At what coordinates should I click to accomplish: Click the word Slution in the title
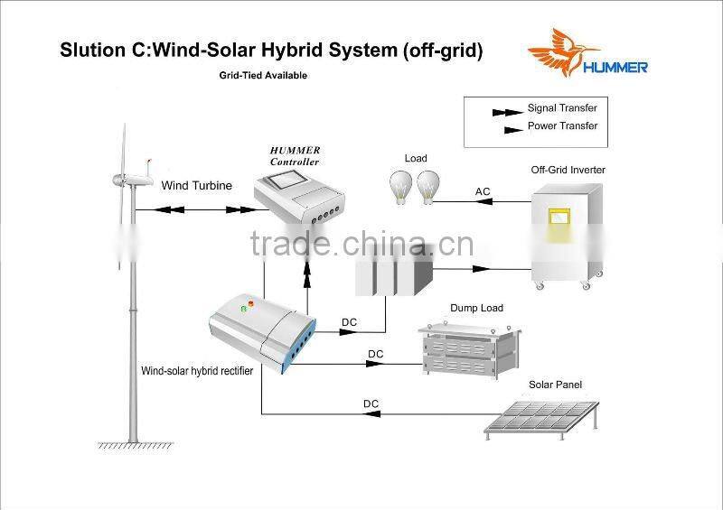click(89, 51)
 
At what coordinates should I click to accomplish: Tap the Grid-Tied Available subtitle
click(263, 76)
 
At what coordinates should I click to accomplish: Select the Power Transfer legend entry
click(562, 126)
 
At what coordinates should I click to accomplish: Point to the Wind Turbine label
click(197, 186)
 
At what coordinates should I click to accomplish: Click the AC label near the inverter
click(484, 191)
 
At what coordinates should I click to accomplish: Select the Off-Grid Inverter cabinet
click(566, 235)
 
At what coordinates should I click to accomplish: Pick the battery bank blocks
click(393, 268)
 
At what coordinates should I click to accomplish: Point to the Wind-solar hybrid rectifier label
click(197, 371)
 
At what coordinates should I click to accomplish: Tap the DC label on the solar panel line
click(371, 403)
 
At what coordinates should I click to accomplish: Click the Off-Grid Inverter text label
click(568, 170)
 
